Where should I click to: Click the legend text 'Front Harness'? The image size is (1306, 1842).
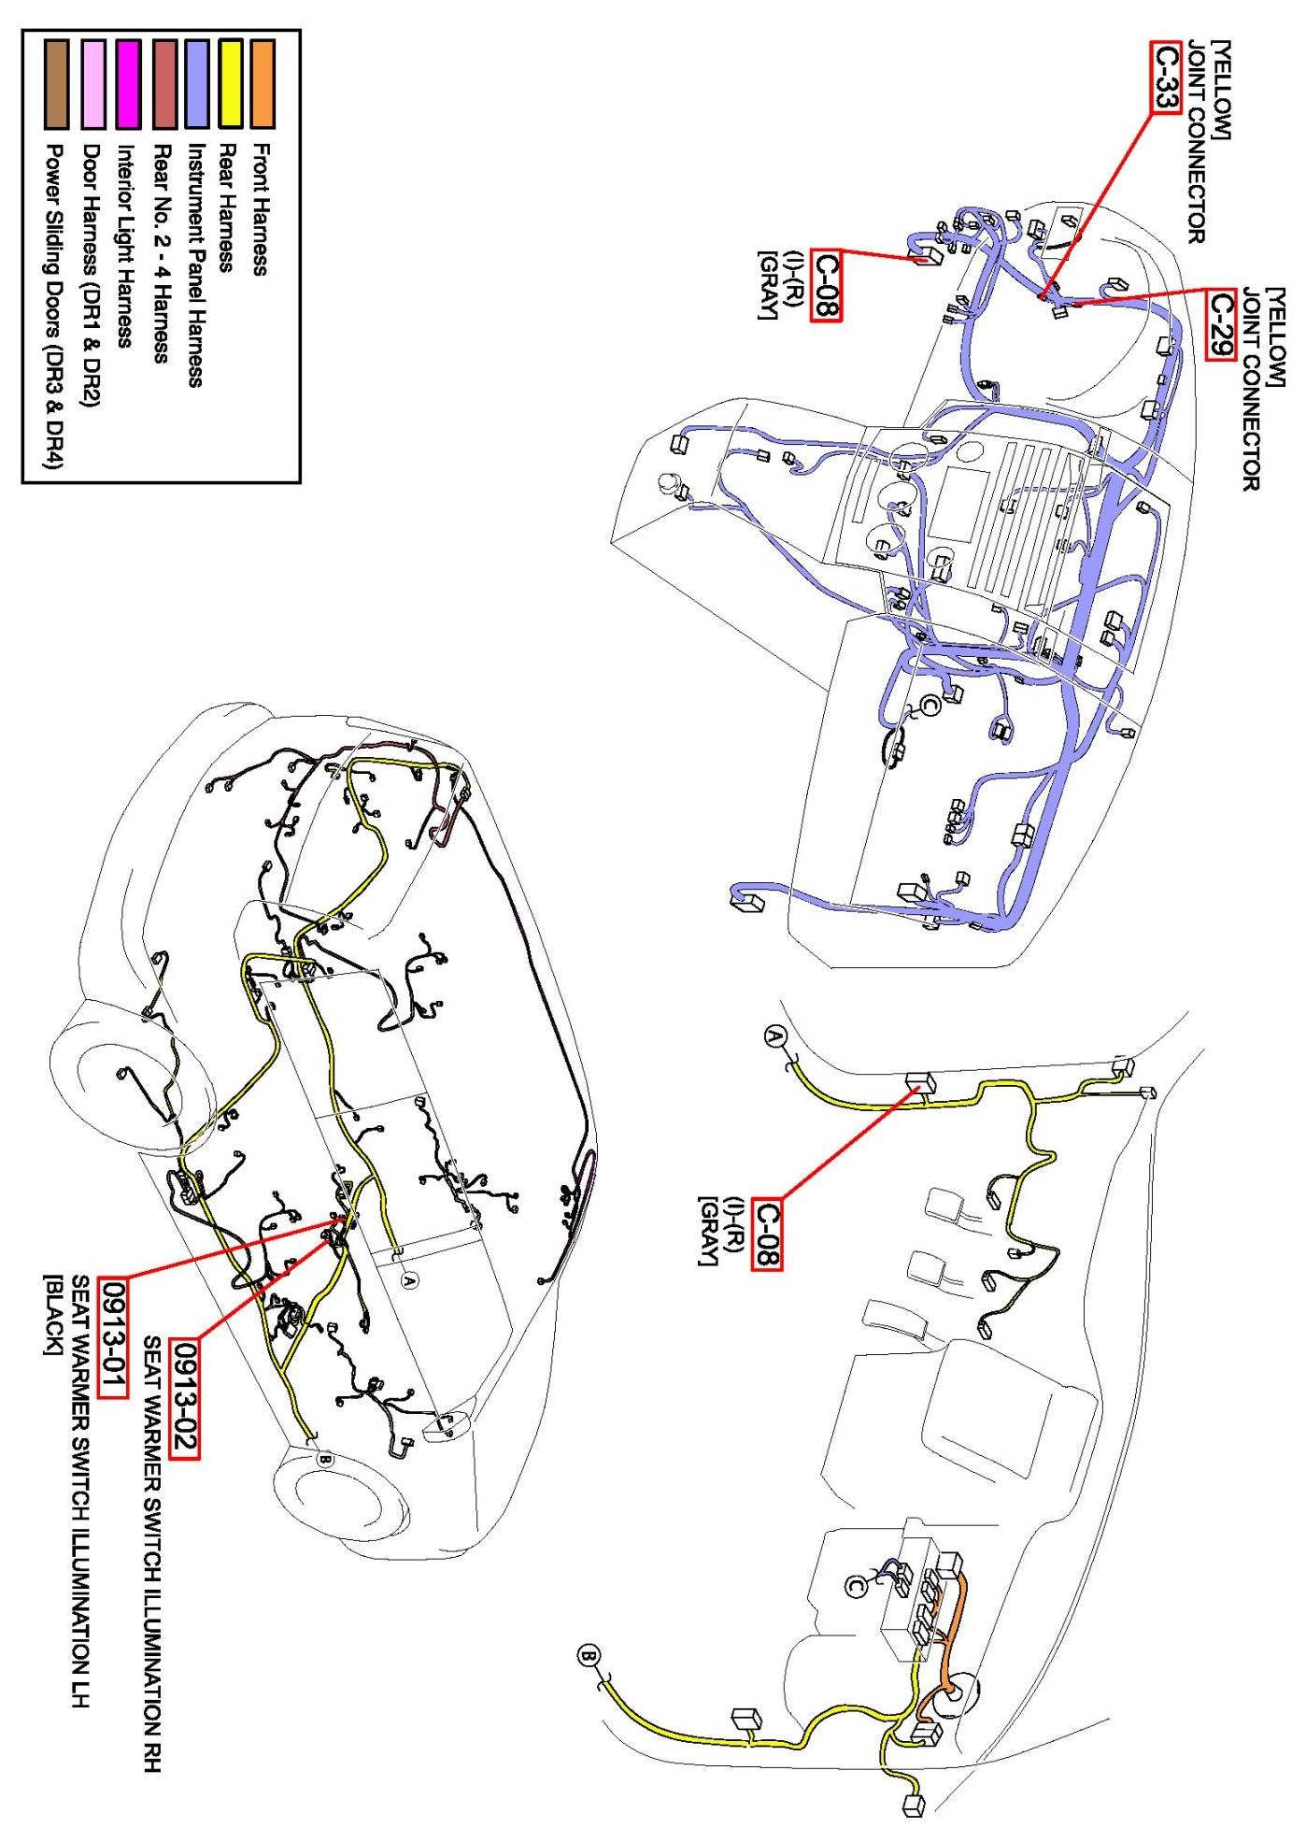click(x=263, y=208)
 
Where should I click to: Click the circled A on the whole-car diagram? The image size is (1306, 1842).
click(x=408, y=1279)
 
